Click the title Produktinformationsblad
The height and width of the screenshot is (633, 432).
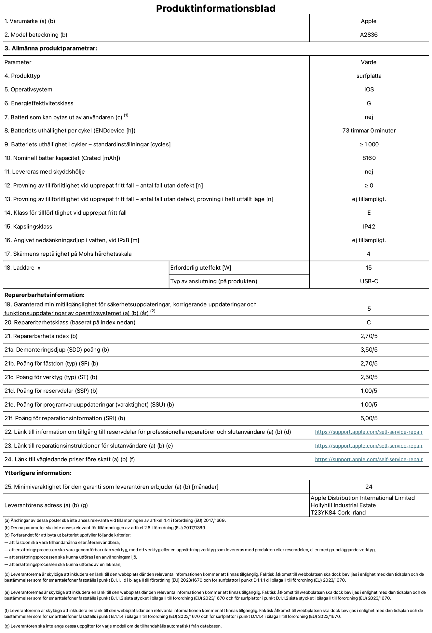[x=216, y=8]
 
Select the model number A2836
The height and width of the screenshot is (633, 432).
[x=369, y=35]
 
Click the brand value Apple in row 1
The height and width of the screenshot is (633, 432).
[x=369, y=21]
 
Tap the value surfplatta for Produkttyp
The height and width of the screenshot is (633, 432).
[x=369, y=76]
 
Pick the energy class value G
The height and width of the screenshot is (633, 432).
[x=369, y=103]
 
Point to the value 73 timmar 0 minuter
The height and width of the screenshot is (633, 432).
[x=369, y=131]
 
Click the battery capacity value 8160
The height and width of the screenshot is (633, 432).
[x=369, y=158]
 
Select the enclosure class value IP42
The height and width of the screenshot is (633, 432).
[x=369, y=227]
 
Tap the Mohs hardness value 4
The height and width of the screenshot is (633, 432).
[x=369, y=254]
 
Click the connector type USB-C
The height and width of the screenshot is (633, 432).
[x=369, y=281]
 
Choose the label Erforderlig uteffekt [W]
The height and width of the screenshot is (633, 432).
[x=201, y=268]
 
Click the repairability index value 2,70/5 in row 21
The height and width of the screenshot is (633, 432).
[x=369, y=336]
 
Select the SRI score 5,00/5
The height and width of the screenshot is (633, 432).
[x=369, y=418]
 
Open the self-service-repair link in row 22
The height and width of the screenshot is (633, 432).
[x=369, y=432]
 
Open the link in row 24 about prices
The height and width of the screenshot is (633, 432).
[x=369, y=460]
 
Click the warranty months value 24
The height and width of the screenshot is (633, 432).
[x=369, y=487]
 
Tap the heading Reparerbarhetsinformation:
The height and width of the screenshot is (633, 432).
[x=44, y=295]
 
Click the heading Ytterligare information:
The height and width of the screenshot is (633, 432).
[x=38, y=473]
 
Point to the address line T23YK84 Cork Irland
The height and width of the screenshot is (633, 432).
[x=338, y=513]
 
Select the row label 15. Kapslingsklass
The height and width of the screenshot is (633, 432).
[x=28, y=227]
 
